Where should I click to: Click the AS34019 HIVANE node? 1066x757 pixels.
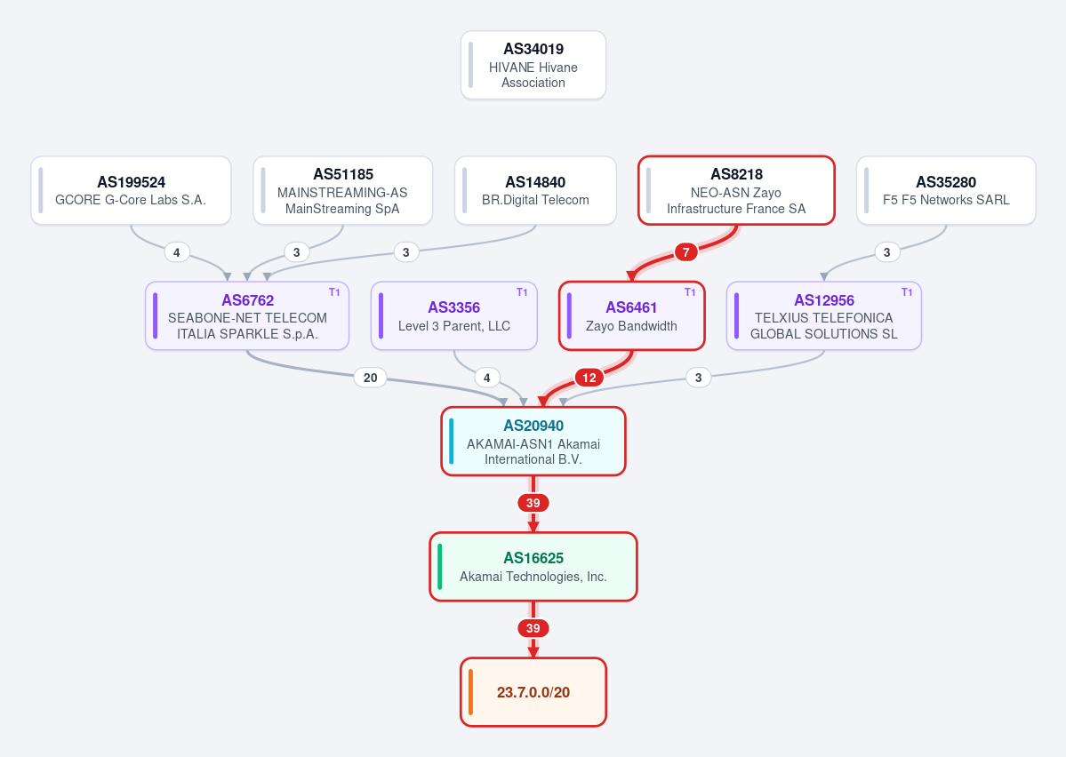tap(533, 65)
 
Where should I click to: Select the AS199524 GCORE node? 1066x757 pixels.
tap(131, 190)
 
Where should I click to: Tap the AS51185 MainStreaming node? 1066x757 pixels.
tap(342, 190)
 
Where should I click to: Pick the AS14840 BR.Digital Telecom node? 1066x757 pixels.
tap(535, 190)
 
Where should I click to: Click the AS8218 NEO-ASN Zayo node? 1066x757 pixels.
tap(736, 190)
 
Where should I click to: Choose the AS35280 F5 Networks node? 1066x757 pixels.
tap(946, 190)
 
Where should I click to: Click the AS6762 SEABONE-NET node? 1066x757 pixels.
tap(247, 316)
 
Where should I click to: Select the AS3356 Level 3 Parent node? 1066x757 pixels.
tap(454, 316)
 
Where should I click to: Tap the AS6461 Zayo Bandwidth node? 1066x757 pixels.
tap(631, 316)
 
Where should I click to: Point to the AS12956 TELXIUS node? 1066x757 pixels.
tap(824, 316)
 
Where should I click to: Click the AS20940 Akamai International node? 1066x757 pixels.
tap(533, 441)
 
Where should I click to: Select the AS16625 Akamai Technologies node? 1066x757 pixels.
tap(533, 567)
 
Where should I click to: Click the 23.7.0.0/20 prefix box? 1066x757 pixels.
tap(533, 692)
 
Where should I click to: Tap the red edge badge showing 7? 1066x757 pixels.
tap(686, 253)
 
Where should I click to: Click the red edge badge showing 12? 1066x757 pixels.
tap(589, 378)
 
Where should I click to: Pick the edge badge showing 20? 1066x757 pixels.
tap(371, 378)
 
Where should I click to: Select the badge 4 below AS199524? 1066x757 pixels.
tap(177, 253)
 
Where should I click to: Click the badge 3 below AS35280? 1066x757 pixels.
tap(886, 253)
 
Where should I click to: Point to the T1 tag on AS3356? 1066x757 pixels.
tap(522, 292)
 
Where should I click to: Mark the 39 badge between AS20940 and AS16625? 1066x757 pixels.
tap(533, 503)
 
